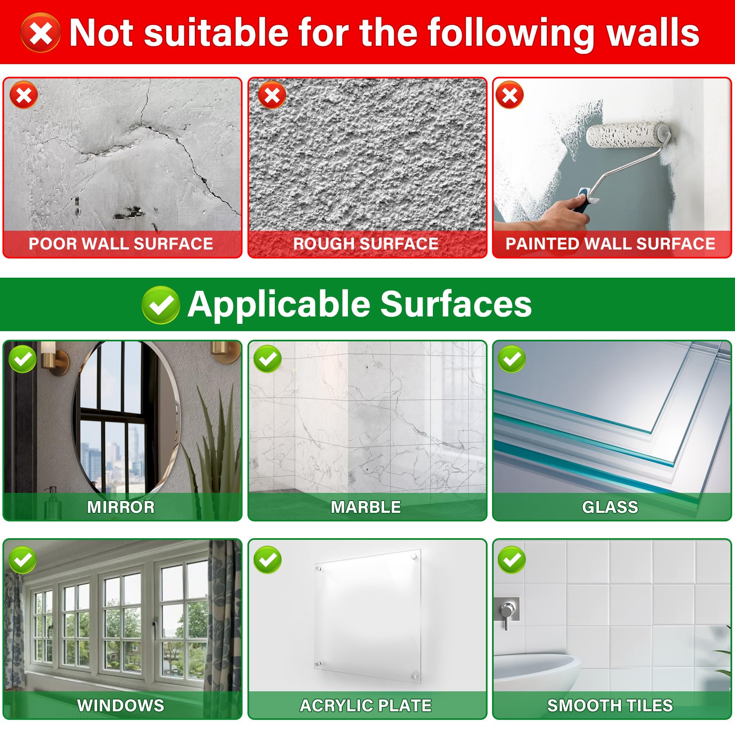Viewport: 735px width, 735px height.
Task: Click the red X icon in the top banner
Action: click(x=40, y=33)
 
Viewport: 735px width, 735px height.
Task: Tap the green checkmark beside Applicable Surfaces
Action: click(x=160, y=305)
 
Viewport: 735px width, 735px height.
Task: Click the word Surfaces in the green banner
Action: click(x=456, y=304)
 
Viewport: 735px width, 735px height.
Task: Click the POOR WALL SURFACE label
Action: click(x=121, y=244)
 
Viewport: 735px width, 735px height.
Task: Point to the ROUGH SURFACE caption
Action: click(x=366, y=244)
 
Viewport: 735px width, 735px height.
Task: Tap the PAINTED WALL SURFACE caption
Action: click(x=610, y=244)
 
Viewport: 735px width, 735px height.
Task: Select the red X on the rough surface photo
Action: click(x=272, y=95)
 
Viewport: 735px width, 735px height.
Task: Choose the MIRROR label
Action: click(x=121, y=507)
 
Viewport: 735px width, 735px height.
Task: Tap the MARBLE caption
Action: click(x=366, y=507)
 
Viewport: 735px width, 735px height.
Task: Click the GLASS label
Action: click(x=610, y=507)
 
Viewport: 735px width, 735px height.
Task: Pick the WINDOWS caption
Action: click(x=121, y=706)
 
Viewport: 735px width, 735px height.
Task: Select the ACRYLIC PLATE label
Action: click(x=366, y=706)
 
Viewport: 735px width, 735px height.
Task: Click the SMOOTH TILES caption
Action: click(x=610, y=706)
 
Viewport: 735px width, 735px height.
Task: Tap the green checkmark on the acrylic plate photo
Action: click(x=267, y=560)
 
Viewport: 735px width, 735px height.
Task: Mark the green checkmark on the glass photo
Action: click(x=512, y=359)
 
